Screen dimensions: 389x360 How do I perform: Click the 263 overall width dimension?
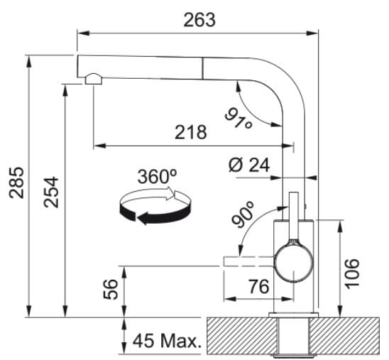pyautogui.click(x=199, y=20)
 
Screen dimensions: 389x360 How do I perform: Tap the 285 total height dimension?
pyautogui.click(x=16, y=183)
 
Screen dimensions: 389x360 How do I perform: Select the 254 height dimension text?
pyautogui.click(x=51, y=192)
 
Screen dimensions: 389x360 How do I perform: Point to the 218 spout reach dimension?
pyautogui.click(x=190, y=132)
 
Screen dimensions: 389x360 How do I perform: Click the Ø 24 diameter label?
pyautogui.click(x=249, y=165)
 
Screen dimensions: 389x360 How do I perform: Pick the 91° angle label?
pyautogui.click(x=239, y=119)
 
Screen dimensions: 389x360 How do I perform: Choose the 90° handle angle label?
pyautogui.click(x=243, y=214)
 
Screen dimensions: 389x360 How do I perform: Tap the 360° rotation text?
pyautogui.click(x=158, y=176)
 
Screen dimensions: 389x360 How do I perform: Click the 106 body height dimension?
pyautogui.click(x=352, y=273)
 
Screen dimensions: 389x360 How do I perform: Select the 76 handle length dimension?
pyautogui.click(x=259, y=286)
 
